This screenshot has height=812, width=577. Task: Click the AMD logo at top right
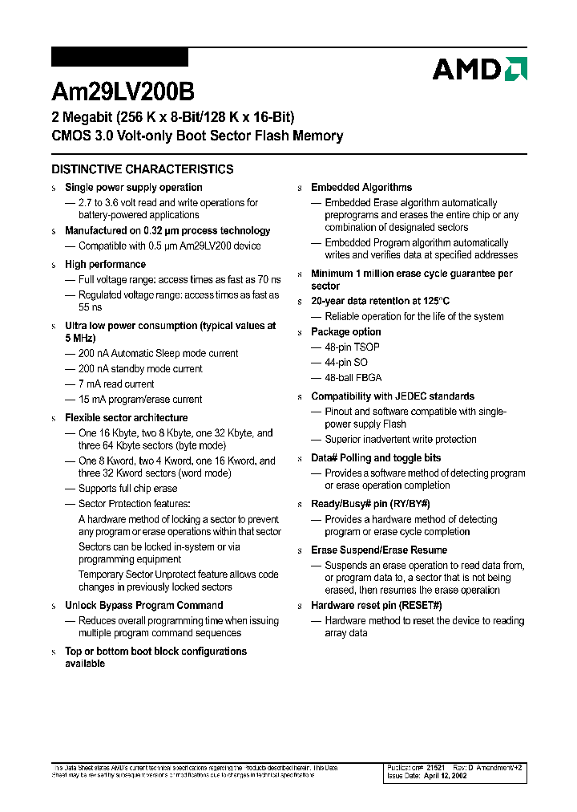click(x=479, y=69)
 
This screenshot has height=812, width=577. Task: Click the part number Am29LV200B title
click(x=123, y=92)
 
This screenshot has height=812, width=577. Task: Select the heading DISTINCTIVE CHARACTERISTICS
click(x=143, y=169)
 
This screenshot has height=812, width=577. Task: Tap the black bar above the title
click(x=119, y=57)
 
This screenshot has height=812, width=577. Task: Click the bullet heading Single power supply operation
click(x=133, y=188)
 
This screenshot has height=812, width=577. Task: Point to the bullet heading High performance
click(x=105, y=265)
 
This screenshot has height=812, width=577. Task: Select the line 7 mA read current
click(x=116, y=384)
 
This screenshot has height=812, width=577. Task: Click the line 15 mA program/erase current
click(x=140, y=400)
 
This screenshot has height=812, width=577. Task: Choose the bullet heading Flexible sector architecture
click(x=127, y=418)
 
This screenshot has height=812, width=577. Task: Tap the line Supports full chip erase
click(x=127, y=489)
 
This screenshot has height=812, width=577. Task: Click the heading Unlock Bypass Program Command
click(x=143, y=606)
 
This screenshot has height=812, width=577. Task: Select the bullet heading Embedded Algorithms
click(x=361, y=188)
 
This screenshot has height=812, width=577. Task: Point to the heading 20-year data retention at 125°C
click(x=381, y=301)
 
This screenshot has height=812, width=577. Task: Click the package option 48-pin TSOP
click(x=352, y=347)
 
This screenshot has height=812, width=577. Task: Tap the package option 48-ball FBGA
click(x=353, y=378)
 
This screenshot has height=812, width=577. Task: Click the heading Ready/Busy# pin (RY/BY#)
click(x=370, y=504)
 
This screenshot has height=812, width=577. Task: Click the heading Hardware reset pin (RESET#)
click(x=376, y=606)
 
